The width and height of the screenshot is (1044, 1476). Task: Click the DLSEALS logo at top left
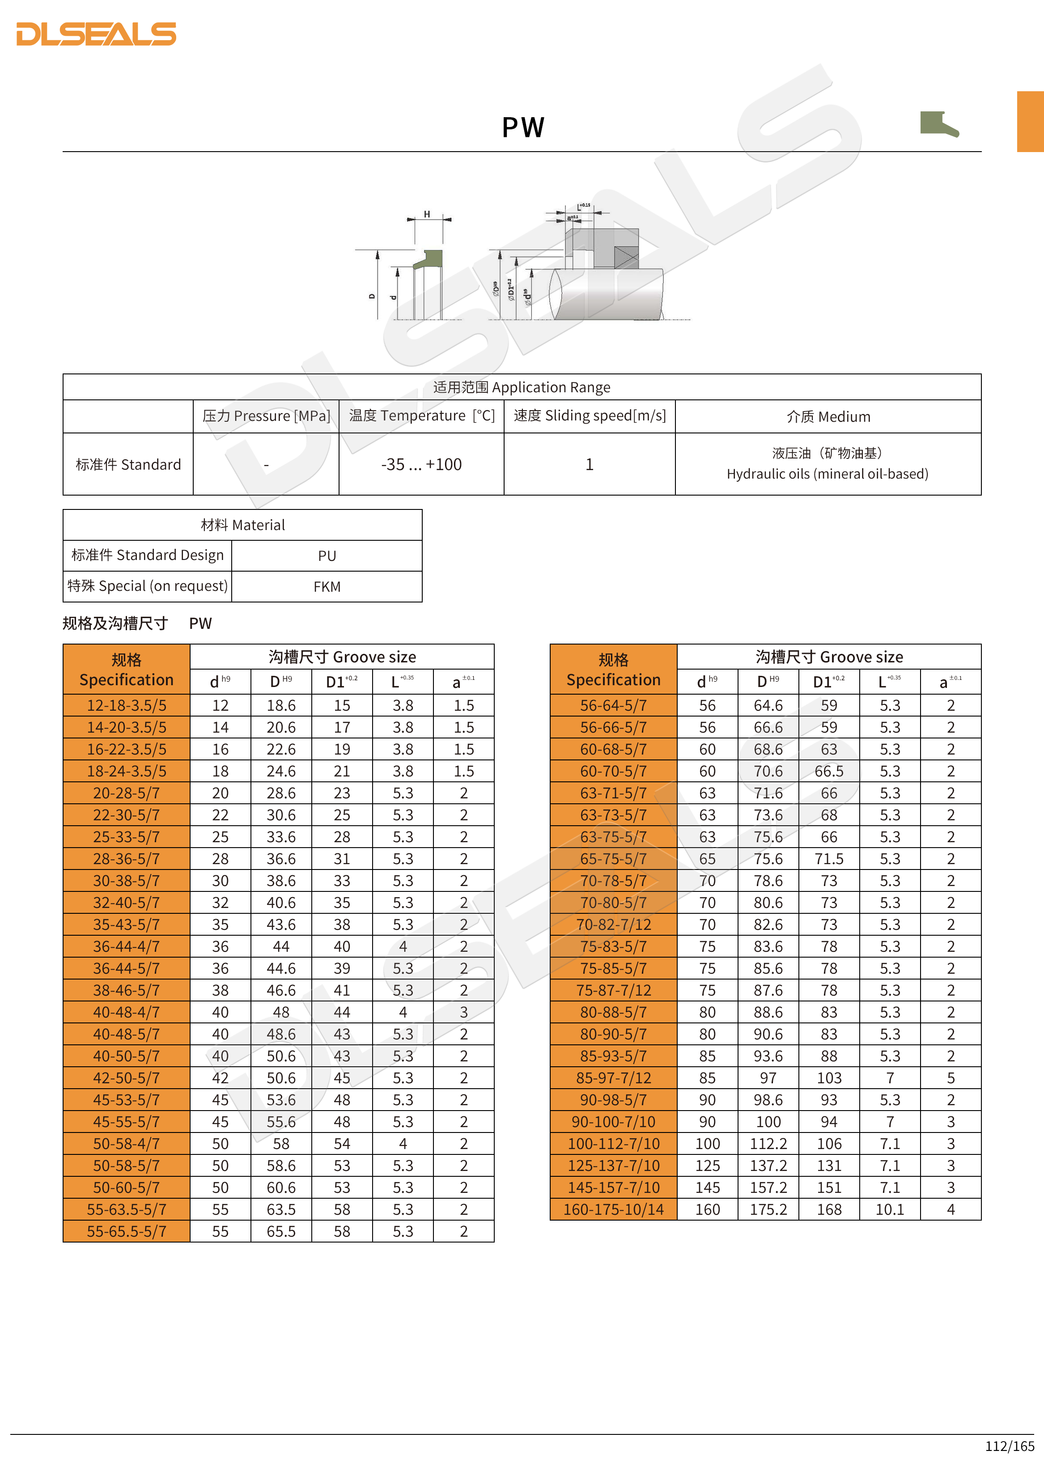coord(97,34)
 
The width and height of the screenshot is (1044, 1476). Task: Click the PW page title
coord(522,127)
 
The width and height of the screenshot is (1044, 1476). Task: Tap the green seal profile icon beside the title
coord(938,123)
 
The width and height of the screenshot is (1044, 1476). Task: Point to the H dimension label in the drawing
coord(427,215)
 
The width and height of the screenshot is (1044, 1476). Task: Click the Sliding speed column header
coord(590,416)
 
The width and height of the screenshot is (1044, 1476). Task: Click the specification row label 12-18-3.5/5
coord(127,705)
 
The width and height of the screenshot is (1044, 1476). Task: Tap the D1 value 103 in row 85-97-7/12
coord(829,1078)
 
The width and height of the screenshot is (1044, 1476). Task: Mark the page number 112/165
coord(1009,1446)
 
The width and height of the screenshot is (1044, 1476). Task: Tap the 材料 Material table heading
coord(242,525)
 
